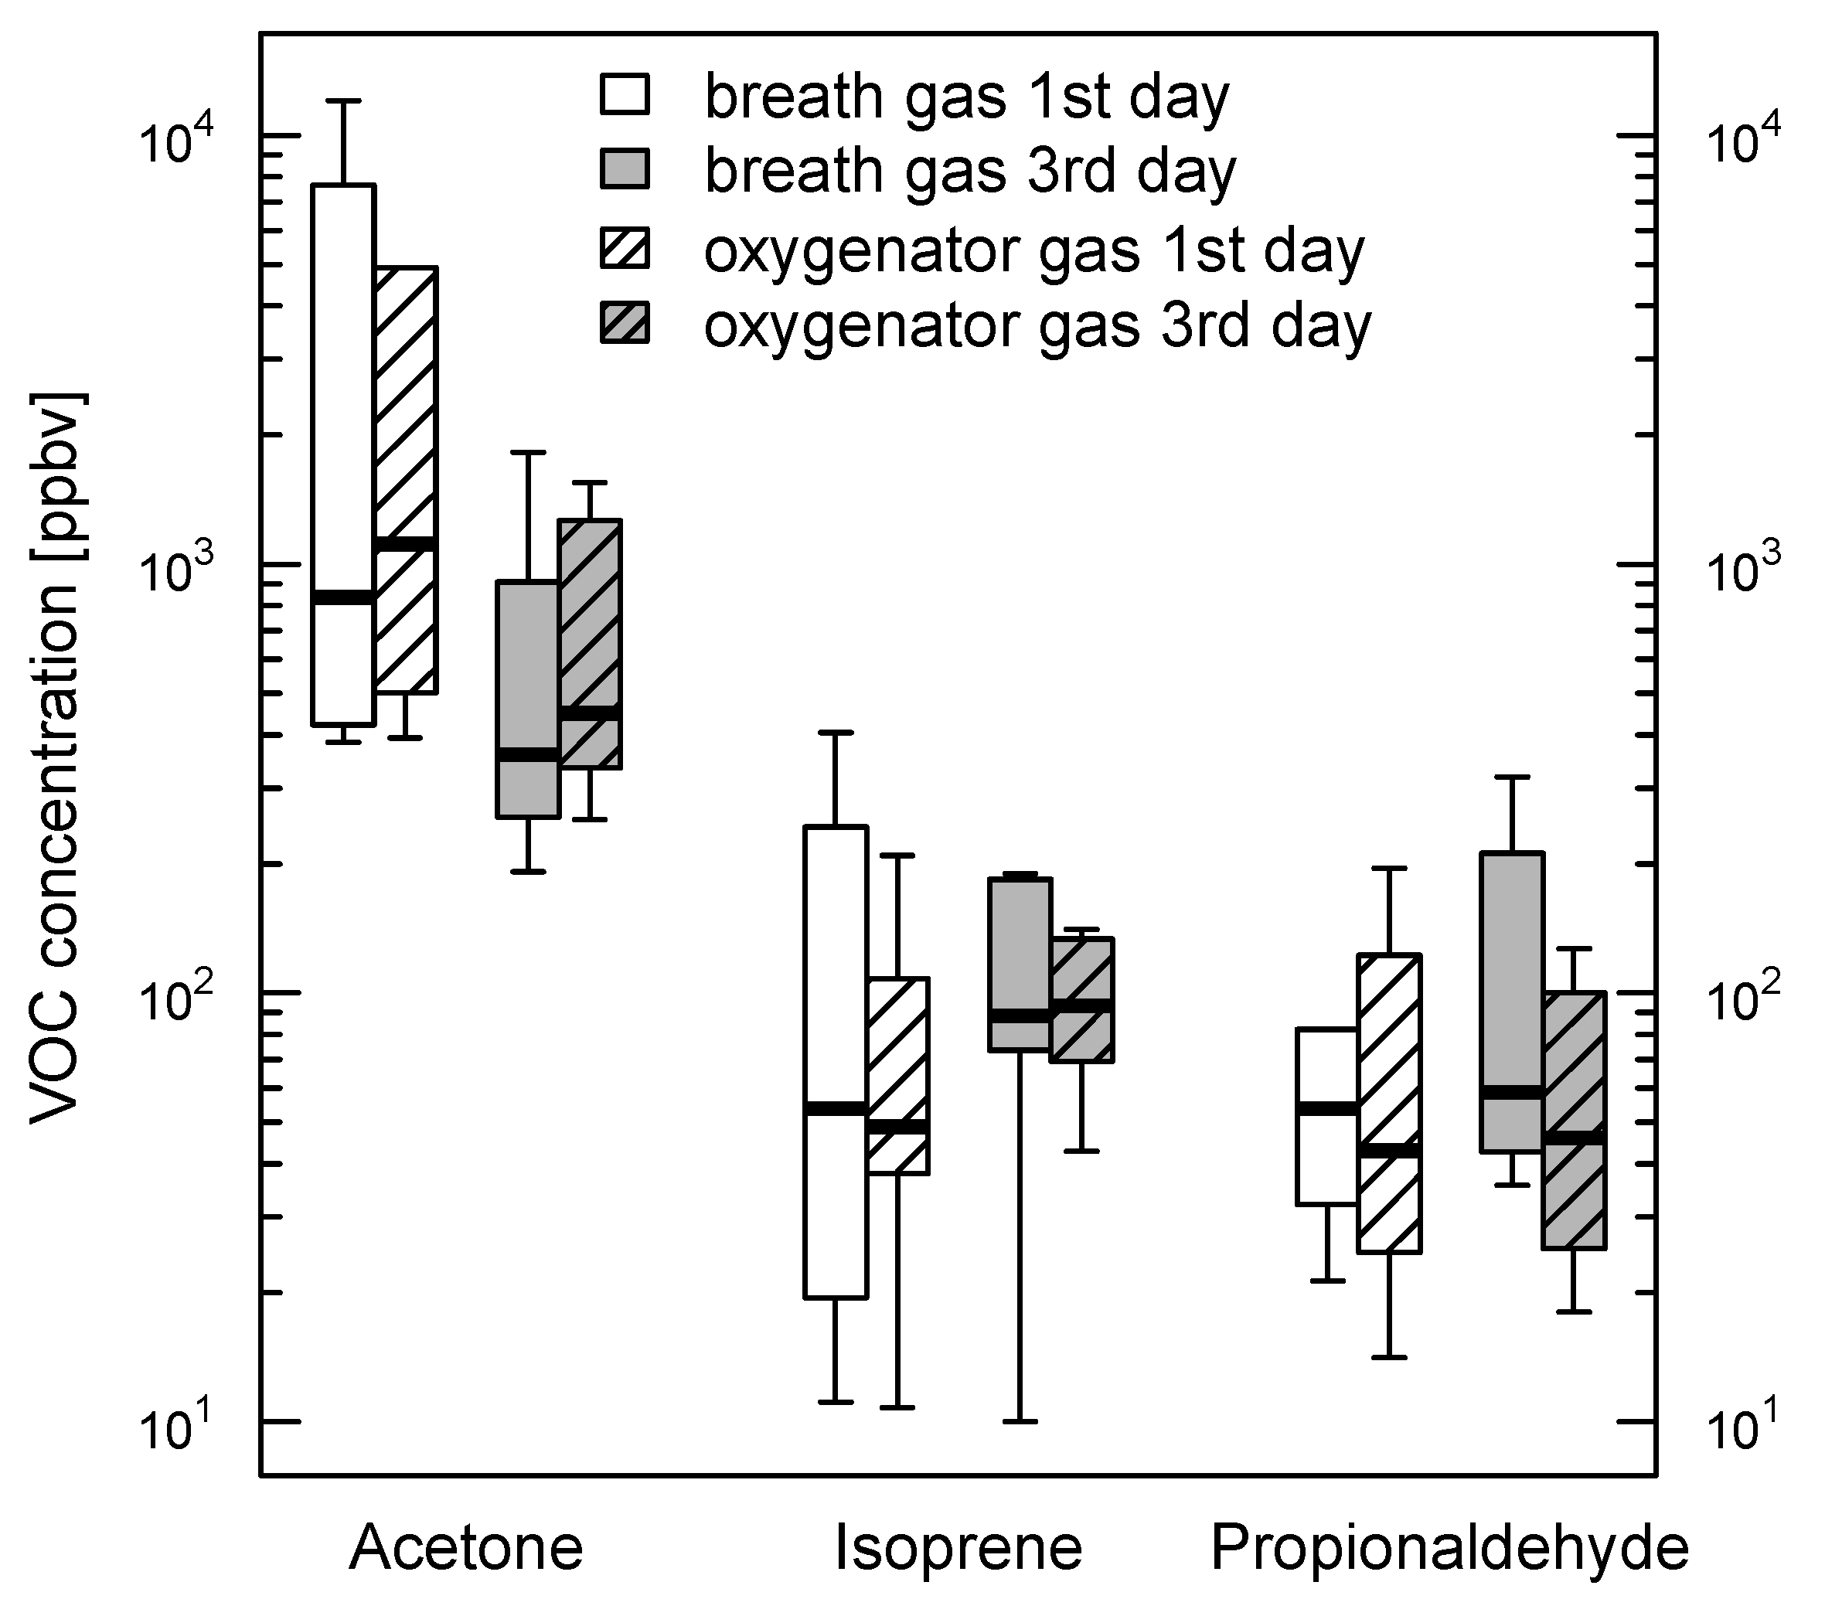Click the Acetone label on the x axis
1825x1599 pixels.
tap(466, 1547)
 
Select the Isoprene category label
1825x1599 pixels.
tap(958, 1547)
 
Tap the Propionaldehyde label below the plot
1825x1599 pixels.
tap(1449, 1547)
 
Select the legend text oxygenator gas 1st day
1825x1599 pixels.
tap(1033, 252)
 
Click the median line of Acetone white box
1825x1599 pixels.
tap(343, 597)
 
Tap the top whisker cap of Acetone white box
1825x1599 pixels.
tap(343, 102)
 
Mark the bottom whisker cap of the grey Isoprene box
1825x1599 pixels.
tap(1020, 1420)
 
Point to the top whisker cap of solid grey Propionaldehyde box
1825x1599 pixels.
tap(1512, 778)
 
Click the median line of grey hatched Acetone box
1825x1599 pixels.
tap(590, 712)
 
